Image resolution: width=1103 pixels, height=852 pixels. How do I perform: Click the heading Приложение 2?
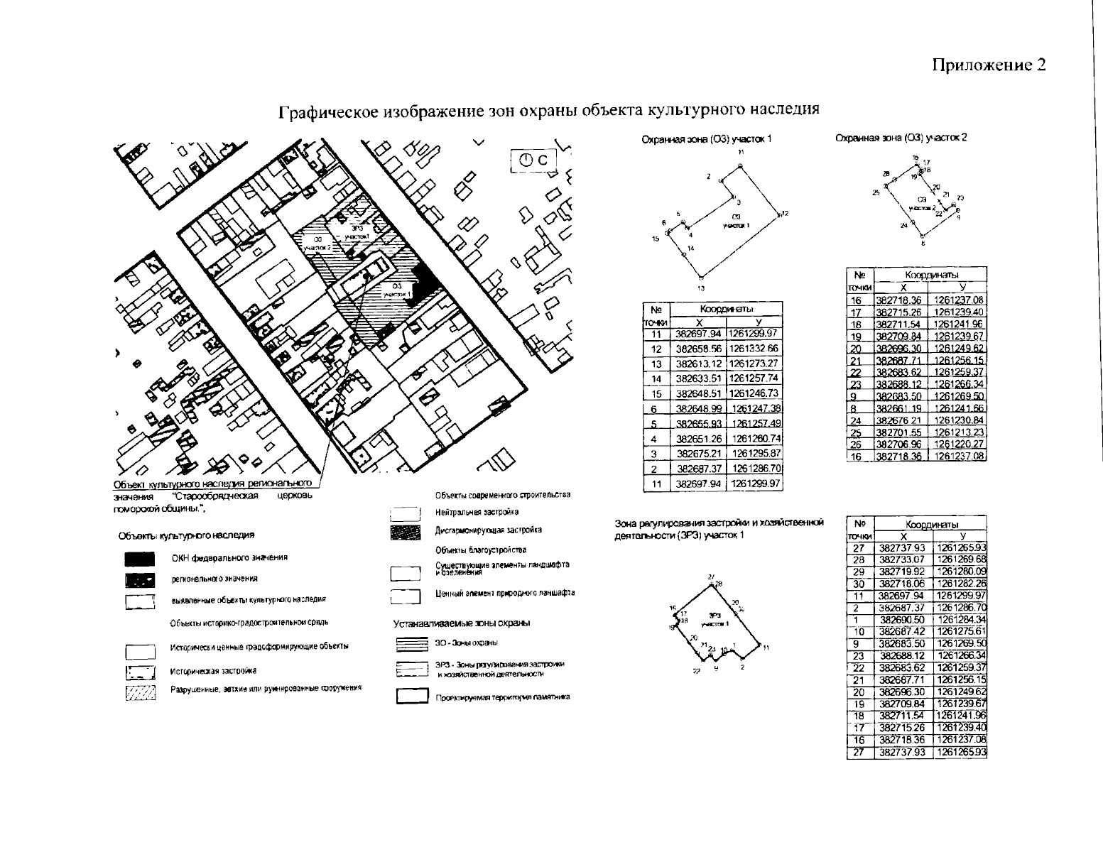(989, 65)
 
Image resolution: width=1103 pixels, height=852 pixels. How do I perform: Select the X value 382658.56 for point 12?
(698, 349)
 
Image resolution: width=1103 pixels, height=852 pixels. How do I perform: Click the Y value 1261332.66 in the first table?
(754, 349)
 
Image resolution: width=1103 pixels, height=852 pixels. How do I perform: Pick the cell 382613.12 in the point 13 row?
(698, 364)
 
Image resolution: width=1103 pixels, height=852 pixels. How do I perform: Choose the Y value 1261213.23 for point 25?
(959, 431)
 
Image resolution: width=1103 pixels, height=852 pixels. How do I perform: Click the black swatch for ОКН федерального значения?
(140, 559)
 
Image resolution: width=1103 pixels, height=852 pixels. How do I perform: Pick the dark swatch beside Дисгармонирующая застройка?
(406, 531)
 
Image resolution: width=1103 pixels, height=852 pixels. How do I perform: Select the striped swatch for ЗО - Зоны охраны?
(411, 643)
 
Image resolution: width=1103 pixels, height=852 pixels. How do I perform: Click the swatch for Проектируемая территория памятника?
(411, 697)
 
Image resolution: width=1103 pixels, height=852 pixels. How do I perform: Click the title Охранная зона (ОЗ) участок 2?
(901, 138)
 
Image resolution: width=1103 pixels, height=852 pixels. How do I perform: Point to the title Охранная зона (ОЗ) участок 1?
(706, 140)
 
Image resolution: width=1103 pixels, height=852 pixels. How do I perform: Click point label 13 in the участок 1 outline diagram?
(700, 288)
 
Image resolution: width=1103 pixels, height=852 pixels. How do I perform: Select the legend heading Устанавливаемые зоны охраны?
(462, 623)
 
